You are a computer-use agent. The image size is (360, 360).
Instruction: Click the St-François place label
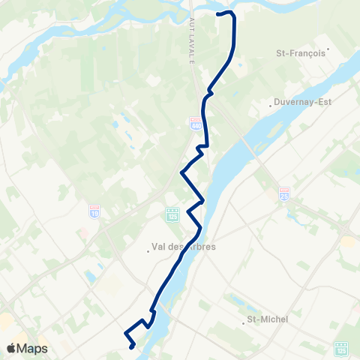[x=301, y=53]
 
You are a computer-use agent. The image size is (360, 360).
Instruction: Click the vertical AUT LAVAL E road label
[x=193, y=42]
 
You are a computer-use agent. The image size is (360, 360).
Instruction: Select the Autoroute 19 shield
[x=94, y=211]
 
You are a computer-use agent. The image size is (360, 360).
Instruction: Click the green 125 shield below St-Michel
[x=341, y=348]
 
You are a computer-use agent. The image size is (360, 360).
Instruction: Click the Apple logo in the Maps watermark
[x=11, y=348]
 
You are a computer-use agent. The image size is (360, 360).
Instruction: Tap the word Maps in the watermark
[x=33, y=348]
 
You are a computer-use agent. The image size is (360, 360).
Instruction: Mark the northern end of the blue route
[x=218, y=13]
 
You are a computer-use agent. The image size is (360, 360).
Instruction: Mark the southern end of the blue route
[x=131, y=346]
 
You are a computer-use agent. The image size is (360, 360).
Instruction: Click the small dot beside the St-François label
[x=328, y=50]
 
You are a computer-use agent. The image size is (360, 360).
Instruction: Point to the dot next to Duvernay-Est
[x=272, y=105]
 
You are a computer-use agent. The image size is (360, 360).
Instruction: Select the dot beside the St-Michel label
[x=245, y=324]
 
